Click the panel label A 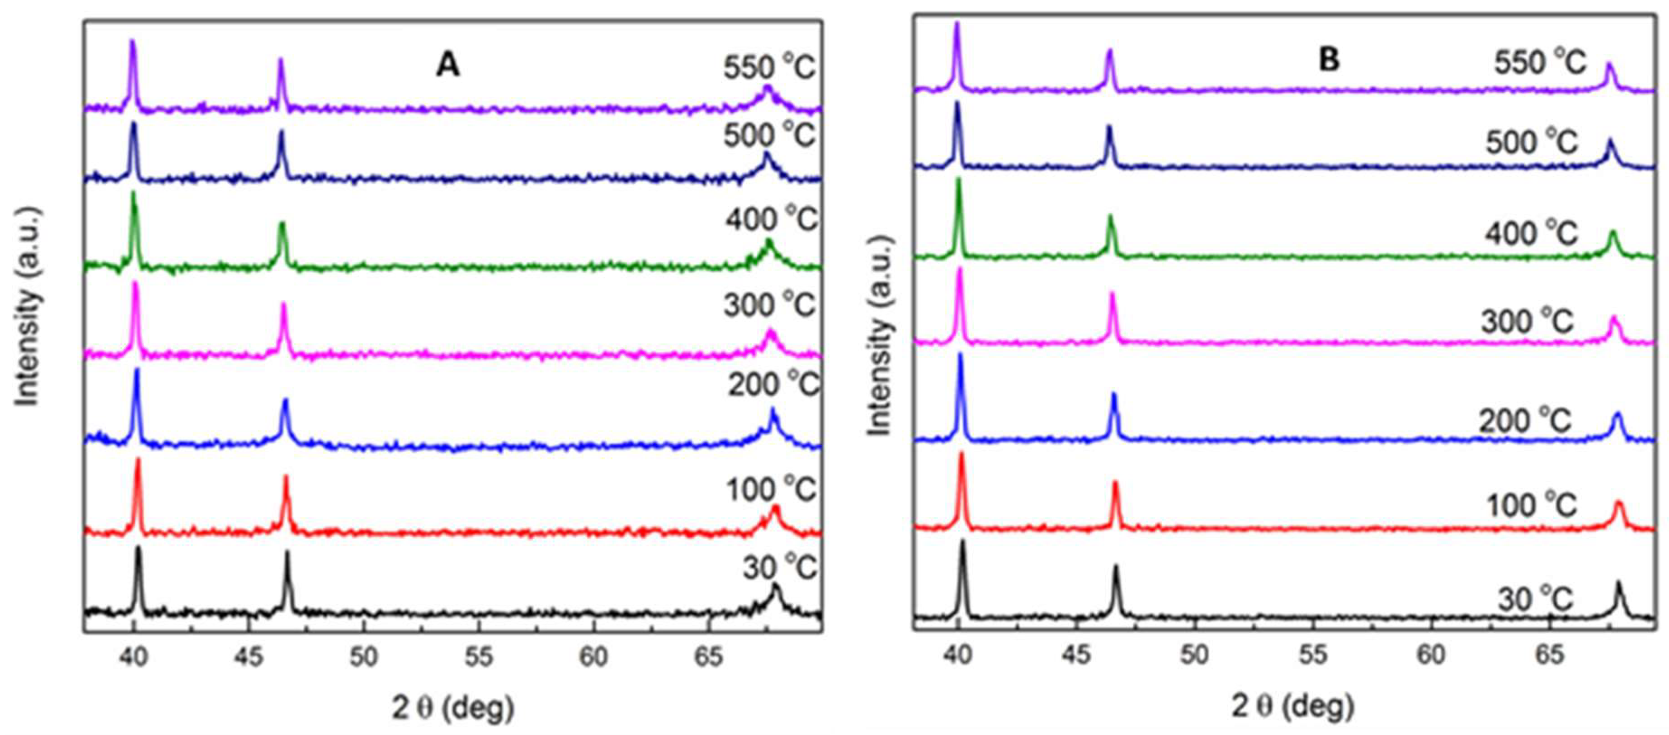447,65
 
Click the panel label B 1329,60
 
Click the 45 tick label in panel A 248,657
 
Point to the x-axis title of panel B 1292,707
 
